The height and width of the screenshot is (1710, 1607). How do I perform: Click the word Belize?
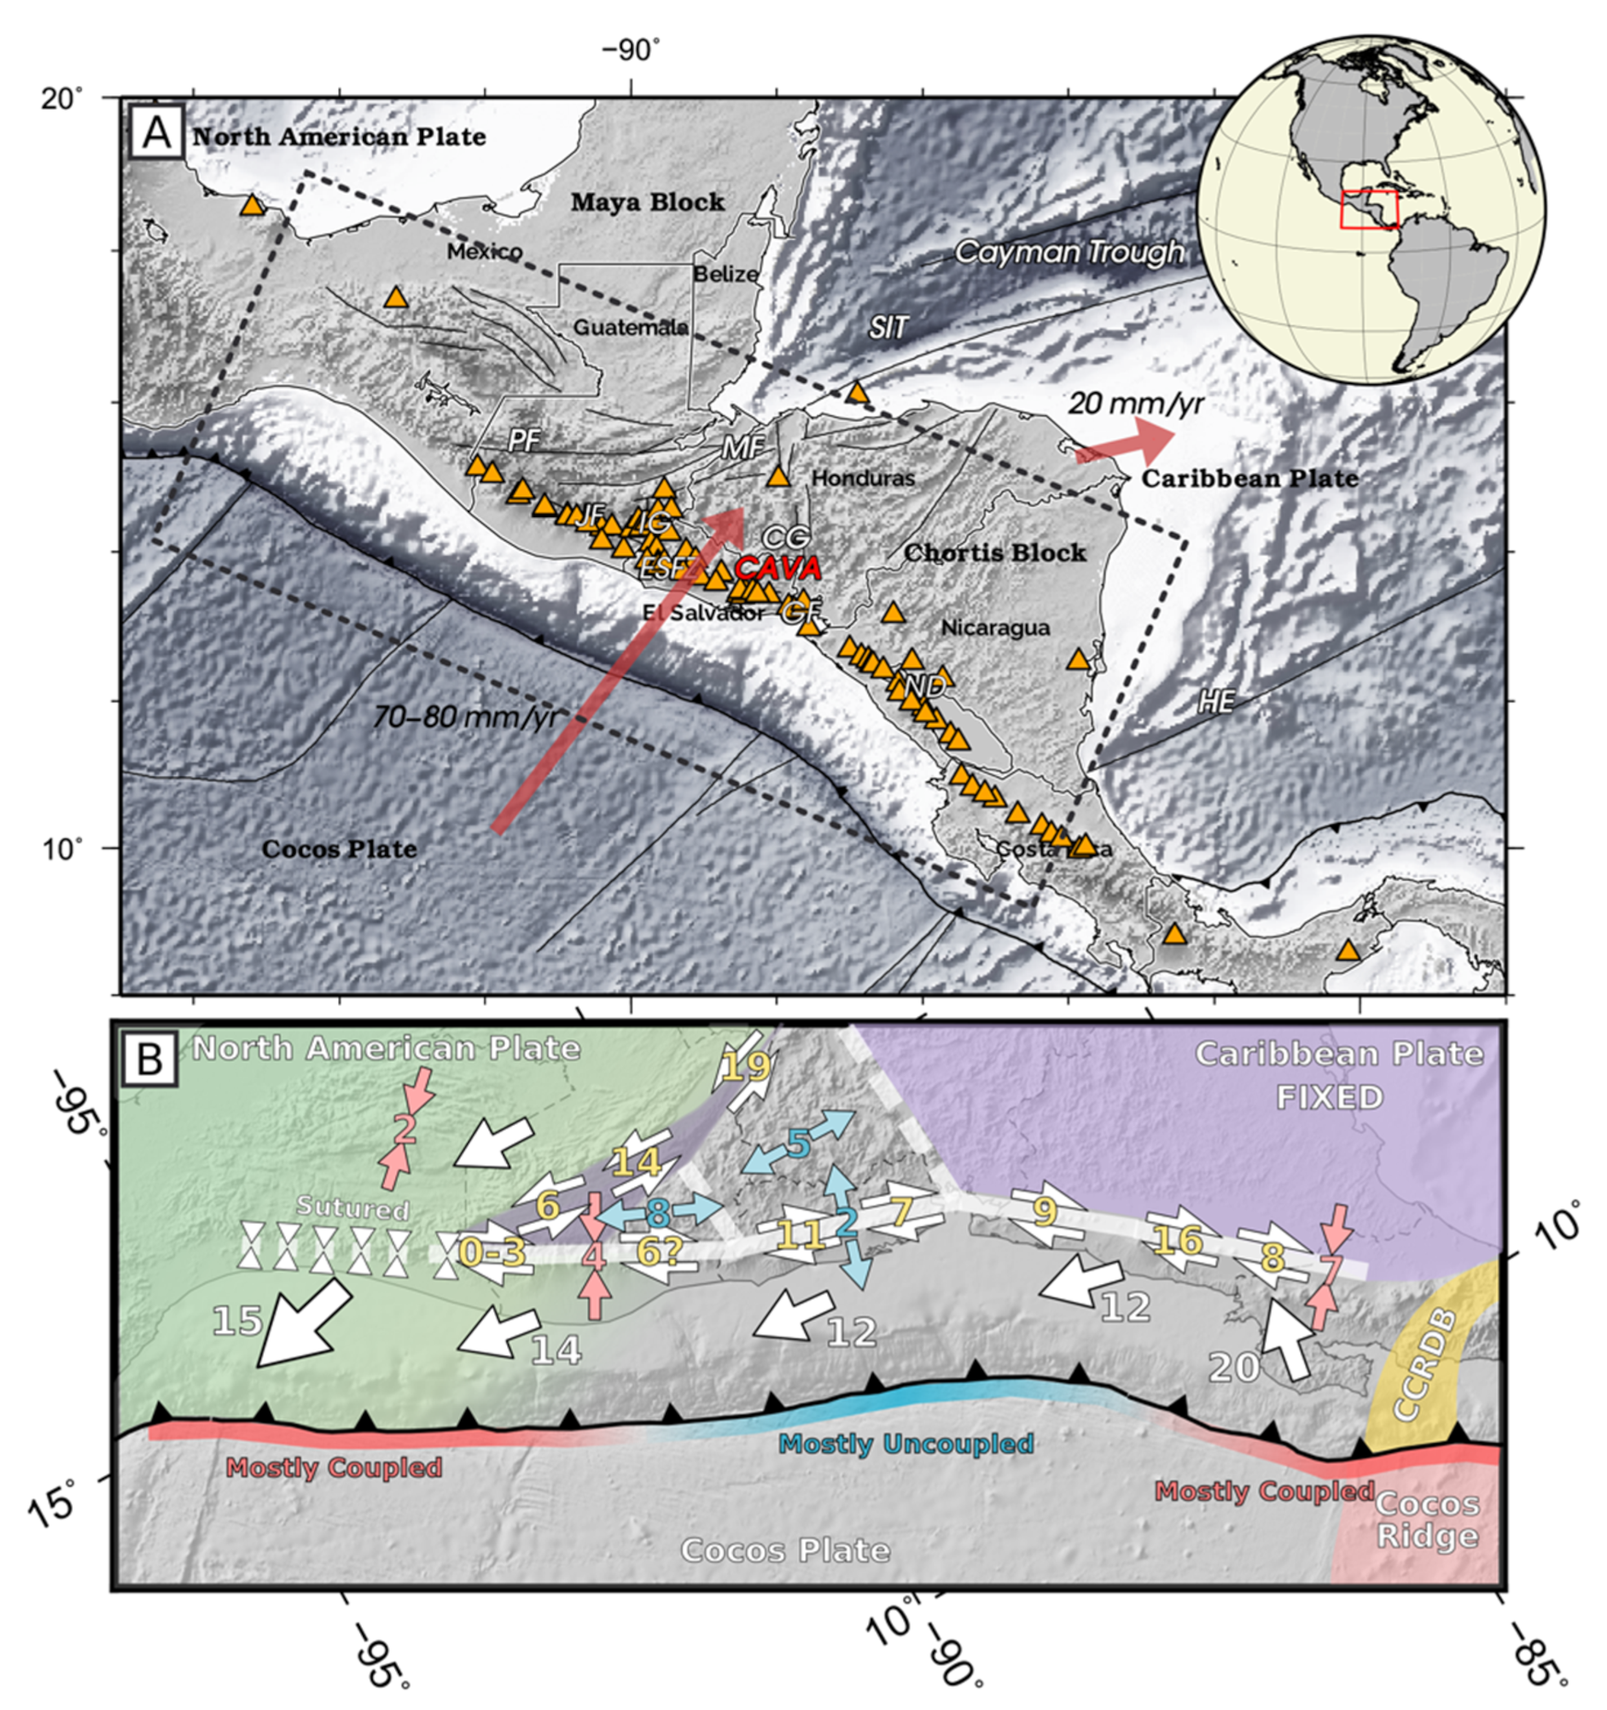tap(726, 274)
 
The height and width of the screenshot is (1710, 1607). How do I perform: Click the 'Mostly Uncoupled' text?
tap(905, 1443)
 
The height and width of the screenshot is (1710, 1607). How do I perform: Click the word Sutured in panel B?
tap(353, 1208)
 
